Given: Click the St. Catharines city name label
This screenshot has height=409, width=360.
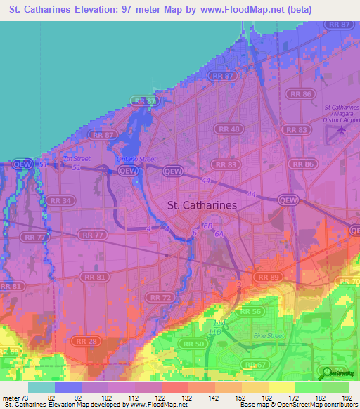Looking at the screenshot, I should point(202,205).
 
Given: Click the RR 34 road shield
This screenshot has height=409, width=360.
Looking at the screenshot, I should point(60,201).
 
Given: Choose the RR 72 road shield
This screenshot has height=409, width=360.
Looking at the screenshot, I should point(163,298).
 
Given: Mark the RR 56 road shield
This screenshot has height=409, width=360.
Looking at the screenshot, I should point(251,311).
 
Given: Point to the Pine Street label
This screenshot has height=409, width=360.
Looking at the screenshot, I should point(266,336).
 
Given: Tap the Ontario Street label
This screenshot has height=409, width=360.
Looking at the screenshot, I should point(136,159).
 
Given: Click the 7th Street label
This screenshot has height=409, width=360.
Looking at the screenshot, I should point(72,160).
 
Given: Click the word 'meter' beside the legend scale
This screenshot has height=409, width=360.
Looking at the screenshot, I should point(12,398).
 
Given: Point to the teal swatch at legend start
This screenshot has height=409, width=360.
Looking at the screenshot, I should point(41,387).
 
